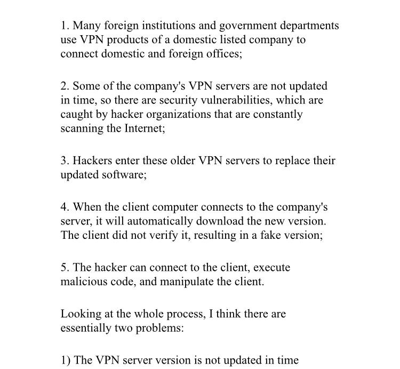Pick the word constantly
280,115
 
